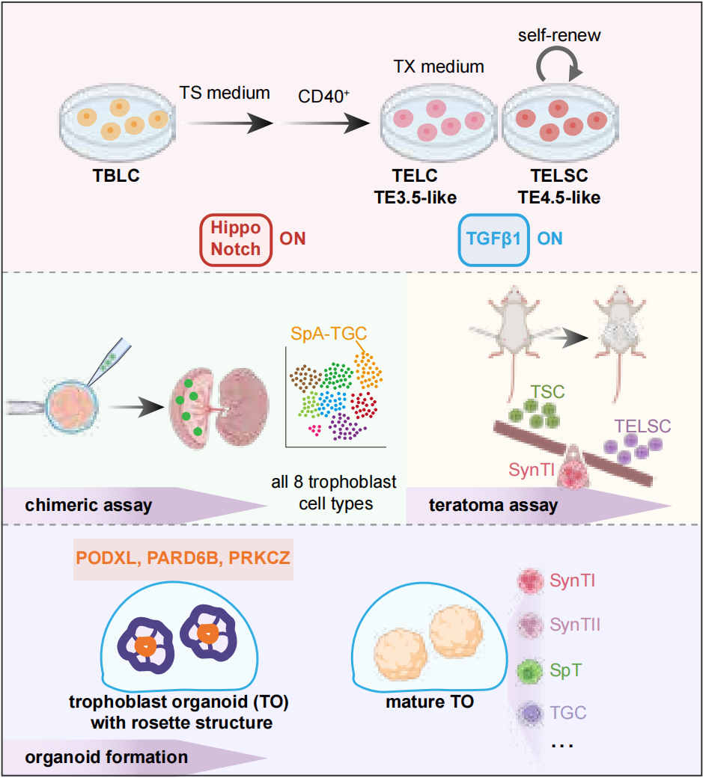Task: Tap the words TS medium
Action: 224,94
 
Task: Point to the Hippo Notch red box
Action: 234,240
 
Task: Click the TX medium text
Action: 439,67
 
